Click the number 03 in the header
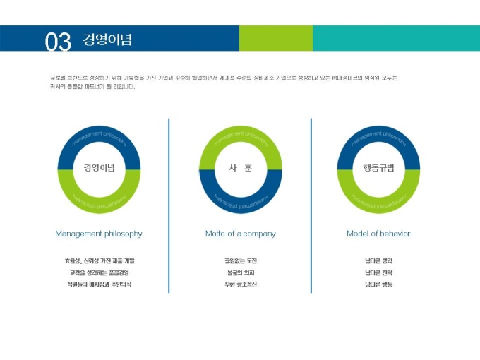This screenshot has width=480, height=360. tap(58, 42)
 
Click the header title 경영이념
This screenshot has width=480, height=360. tap(107, 39)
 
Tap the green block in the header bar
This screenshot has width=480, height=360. tap(275, 38)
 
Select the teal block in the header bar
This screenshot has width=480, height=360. tap(395, 38)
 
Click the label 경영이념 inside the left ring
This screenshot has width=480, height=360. tap(99, 168)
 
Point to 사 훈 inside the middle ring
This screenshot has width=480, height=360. tap(240, 168)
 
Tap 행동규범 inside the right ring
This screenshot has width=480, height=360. tap(378, 168)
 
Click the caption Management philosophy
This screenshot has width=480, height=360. tap(99, 234)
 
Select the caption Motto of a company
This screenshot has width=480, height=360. tap(240, 234)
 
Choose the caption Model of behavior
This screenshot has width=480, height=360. tap(378, 234)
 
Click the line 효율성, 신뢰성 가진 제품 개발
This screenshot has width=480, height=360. tap(99, 260)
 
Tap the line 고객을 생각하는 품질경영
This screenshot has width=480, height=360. tap(99, 272)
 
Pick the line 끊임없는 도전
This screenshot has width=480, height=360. tap(240, 260)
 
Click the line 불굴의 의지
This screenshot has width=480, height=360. tap(240, 272)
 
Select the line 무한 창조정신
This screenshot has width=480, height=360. tap(240, 284)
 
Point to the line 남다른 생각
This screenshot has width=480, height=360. tap(378, 260)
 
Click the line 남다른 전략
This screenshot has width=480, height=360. tap(378, 272)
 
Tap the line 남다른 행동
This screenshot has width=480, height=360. tap(378, 284)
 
